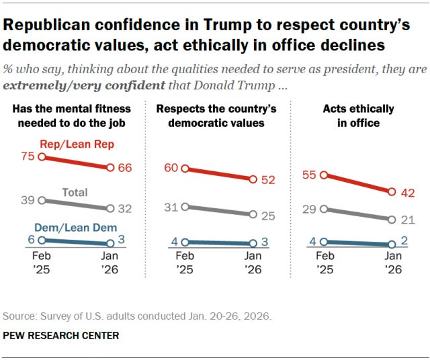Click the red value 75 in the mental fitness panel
pyautogui.click(x=27, y=156)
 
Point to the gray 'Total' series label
pyautogui.click(x=75, y=192)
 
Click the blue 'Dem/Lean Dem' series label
pyautogui.click(x=73, y=227)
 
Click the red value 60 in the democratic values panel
pyautogui.click(x=171, y=168)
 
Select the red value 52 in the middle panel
pyautogui.click(x=269, y=179)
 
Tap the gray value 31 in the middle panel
pyautogui.click(x=171, y=207)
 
